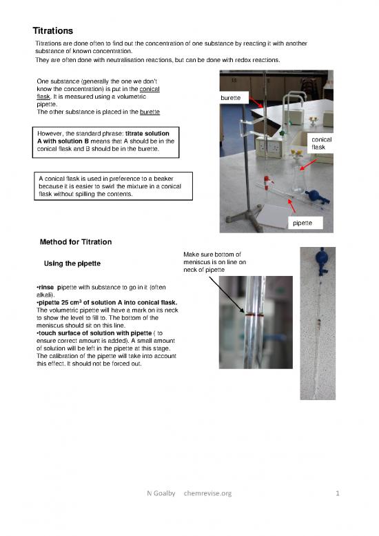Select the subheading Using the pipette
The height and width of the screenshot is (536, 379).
click(x=72, y=264)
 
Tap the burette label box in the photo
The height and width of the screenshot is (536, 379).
click(x=230, y=98)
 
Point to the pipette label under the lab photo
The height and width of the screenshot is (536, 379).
click(x=304, y=223)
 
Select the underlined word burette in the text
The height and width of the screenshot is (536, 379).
click(x=150, y=112)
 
